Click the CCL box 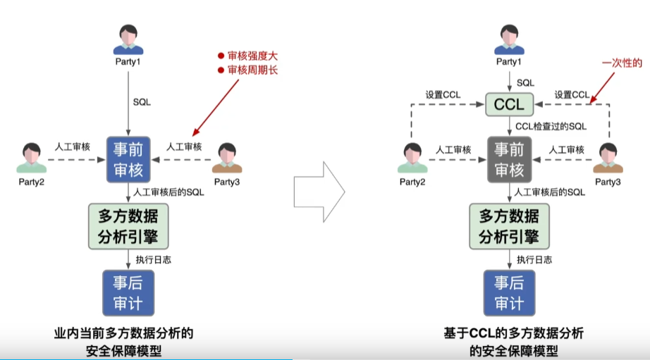point(509,105)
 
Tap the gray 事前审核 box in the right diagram point(509,159)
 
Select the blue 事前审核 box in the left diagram point(128,159)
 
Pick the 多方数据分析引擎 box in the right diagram point(509,225)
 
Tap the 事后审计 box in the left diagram point(128,292)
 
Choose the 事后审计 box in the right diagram point(509,292)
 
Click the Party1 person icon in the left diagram point(128,39)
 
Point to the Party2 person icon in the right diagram point(412,156)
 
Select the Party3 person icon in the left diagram point(226,156)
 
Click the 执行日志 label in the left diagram point(153,259)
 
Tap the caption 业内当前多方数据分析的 point(123,333)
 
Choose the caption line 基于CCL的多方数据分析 point(513,333)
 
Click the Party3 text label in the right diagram point(608,181)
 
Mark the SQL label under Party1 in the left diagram point(142,102)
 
